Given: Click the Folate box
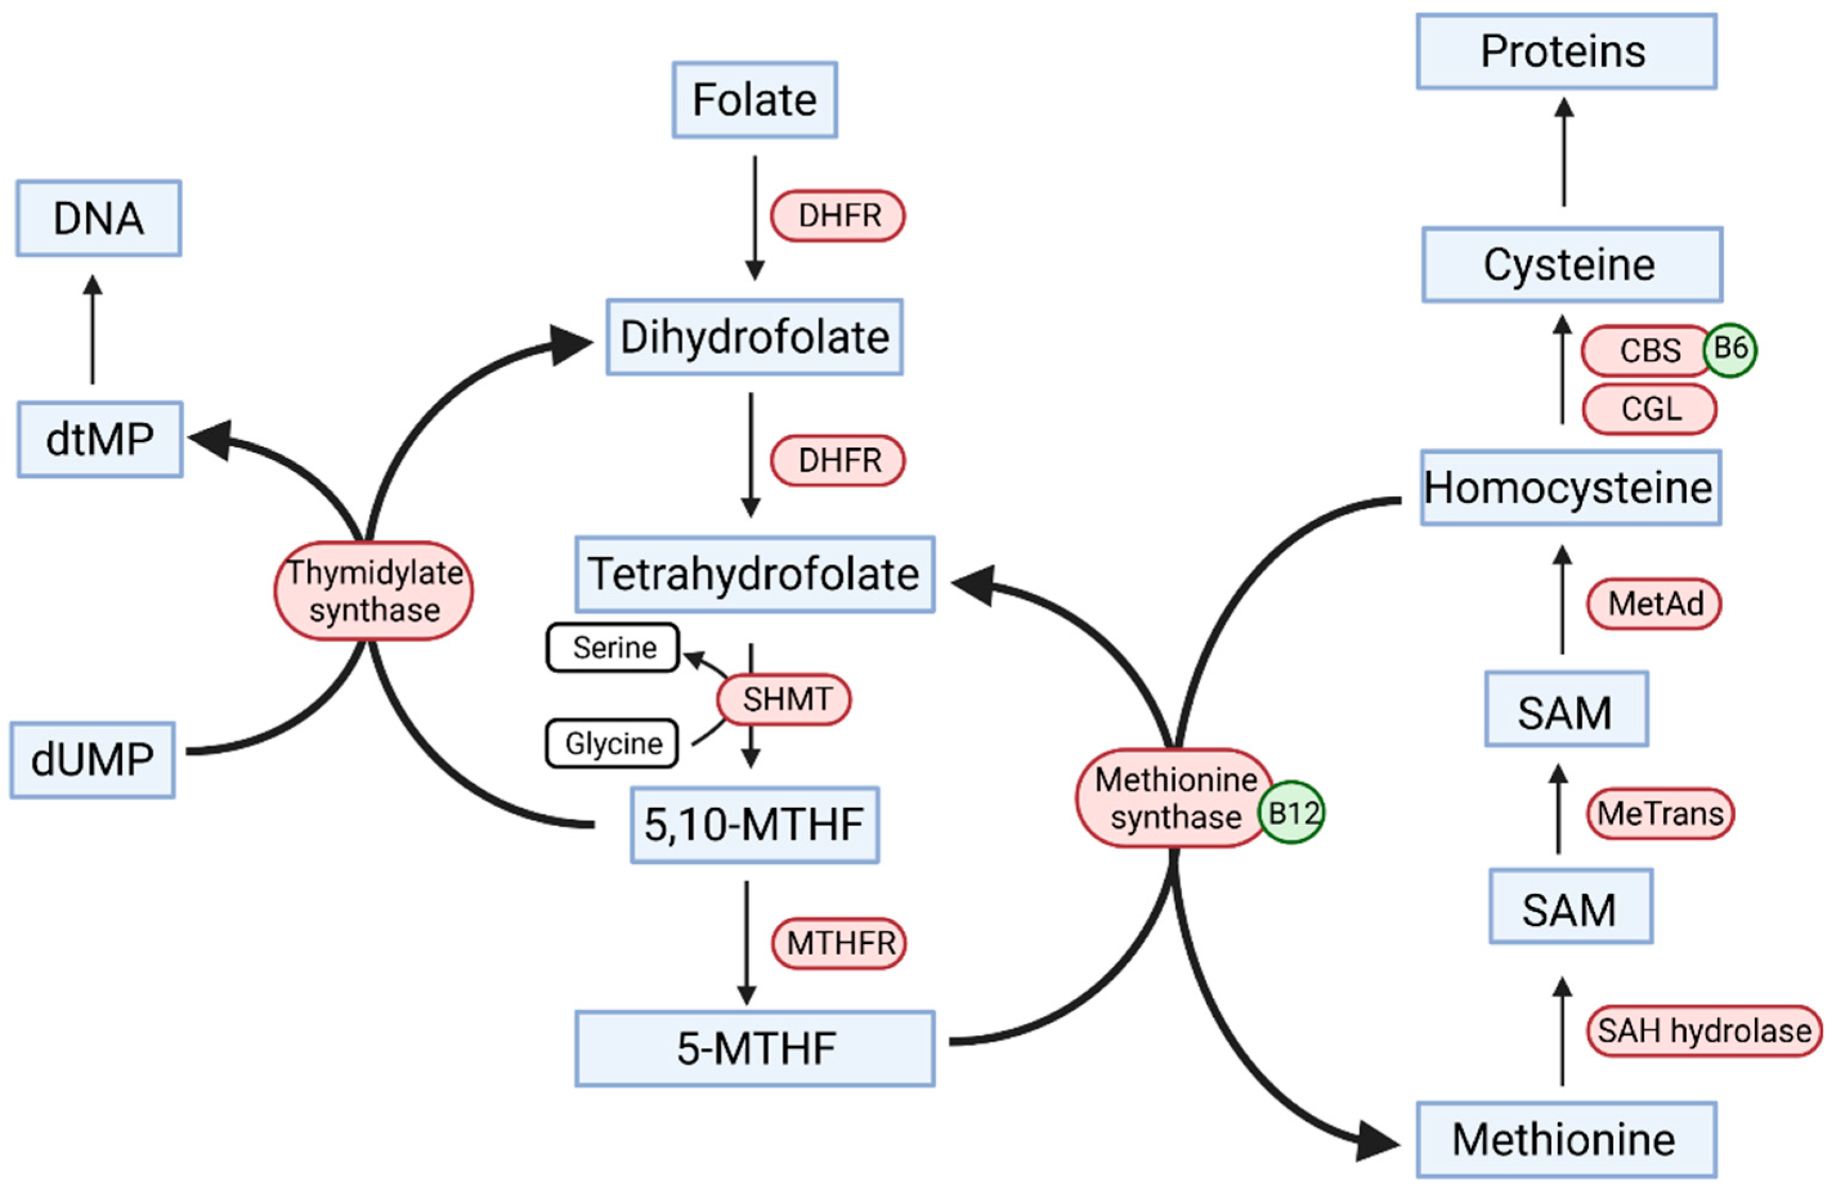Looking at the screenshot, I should pos(754,100).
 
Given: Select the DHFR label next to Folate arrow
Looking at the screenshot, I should pos(838,216).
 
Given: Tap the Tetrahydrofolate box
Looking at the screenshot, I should pos(754,575).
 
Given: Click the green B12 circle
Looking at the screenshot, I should pos(1292,813).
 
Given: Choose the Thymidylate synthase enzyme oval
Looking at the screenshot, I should pos(374,591).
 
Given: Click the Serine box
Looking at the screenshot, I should pos(613,648).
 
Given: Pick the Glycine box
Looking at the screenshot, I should pos(612,744).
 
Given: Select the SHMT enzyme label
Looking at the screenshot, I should pos(785,699).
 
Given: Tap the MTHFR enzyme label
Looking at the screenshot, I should pos(840,943).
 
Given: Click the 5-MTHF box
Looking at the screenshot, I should pos(754,1049).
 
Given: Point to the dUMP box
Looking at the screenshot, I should pos(92,760).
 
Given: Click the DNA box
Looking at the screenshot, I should pos(98,218).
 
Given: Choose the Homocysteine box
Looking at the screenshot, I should pos(1570,488).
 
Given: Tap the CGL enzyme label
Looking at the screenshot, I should pos(1649,409).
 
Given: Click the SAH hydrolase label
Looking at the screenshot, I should pos(1704,1030).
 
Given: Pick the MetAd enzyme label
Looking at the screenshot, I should pos(1654,604).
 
